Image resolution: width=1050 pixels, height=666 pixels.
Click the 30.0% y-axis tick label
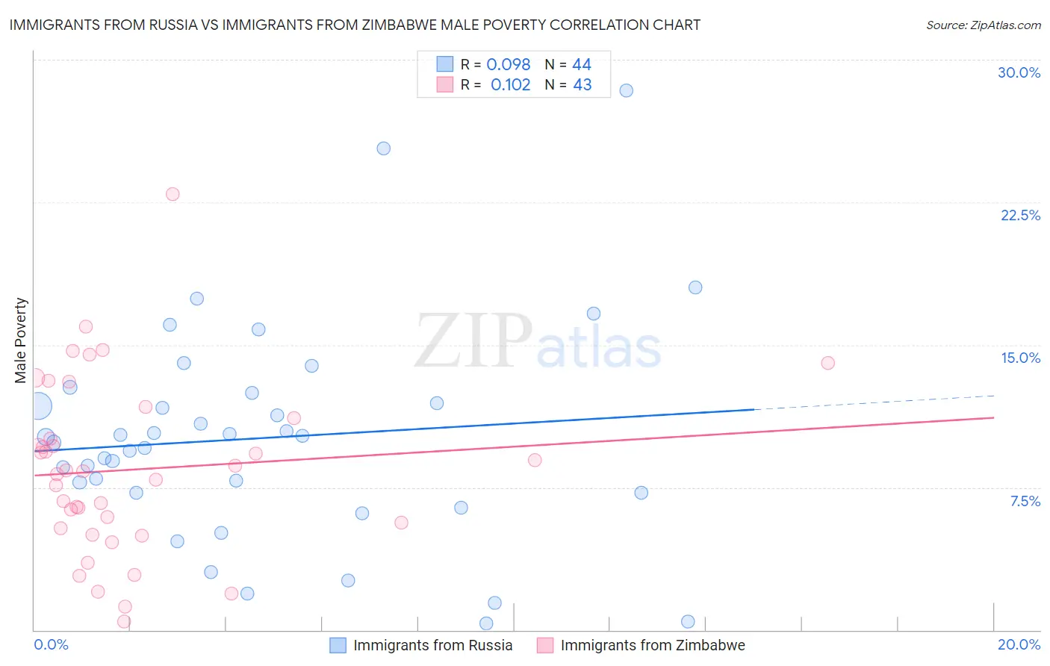tap(1019, 72)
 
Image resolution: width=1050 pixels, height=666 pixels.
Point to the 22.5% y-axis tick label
tap(1020, 215)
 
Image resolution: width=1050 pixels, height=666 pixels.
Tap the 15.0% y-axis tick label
tap(1020, 358)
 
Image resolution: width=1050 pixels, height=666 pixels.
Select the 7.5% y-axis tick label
tap(1025, 501)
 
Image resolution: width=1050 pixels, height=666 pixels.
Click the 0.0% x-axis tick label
tap(51, 644)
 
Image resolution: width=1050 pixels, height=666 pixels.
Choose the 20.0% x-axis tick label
tap(1019, 644)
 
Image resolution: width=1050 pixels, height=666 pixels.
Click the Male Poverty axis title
tap(21, 340)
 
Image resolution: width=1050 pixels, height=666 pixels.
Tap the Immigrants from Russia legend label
tap(432, 646)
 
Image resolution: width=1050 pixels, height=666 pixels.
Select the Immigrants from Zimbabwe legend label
tap(652, 646)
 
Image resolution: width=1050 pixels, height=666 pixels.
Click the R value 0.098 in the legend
tap(508, 65)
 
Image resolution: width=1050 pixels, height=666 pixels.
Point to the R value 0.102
tap(510, 85)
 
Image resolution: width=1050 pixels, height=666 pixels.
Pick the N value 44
tap(582, 65)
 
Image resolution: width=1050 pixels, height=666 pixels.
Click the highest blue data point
tap(626, 90)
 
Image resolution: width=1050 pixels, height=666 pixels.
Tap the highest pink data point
tap(173, 194)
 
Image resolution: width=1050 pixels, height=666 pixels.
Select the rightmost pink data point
tap(827, 363)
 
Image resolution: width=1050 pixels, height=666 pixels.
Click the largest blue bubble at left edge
tap(39, 406)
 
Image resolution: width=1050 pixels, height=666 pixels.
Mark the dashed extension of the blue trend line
tap(874, 402)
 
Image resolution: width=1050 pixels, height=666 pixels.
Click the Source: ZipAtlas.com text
tap(983, 25)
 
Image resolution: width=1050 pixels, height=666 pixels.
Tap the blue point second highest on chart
tap(383, 149)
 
